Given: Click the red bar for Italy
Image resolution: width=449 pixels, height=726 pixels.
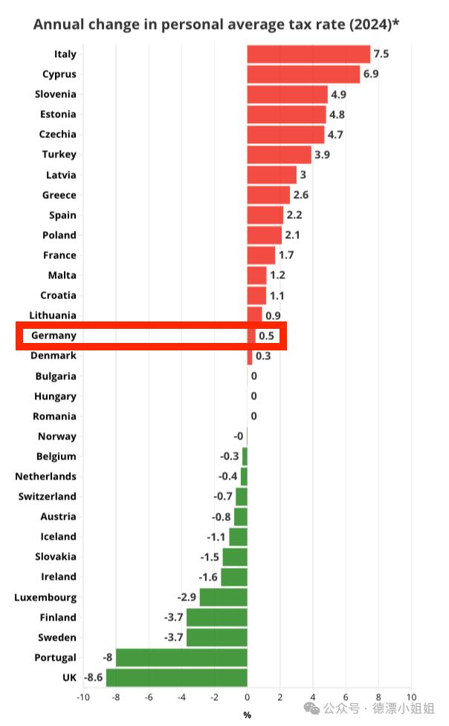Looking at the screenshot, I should click(308, 54).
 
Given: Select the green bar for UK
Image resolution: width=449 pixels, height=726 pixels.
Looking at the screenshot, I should click(177, 677).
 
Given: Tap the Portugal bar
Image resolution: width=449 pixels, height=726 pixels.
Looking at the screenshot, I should click(181, 657).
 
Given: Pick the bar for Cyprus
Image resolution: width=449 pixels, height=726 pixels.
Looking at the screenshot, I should click(303, 74).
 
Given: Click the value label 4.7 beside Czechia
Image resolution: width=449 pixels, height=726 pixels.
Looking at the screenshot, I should click(336, 134).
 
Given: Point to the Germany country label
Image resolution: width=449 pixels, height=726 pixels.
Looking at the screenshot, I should click(54, 336).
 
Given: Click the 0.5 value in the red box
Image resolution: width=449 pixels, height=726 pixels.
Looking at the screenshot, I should click(266, 336).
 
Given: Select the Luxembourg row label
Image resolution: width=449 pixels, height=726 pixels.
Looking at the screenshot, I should click(45, 597).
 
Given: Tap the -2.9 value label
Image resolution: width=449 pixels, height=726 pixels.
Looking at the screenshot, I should click(186, 597).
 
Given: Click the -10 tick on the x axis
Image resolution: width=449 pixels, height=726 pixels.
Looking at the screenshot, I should click(83, 697).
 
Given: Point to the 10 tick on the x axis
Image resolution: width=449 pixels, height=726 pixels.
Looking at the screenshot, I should click(411, 697).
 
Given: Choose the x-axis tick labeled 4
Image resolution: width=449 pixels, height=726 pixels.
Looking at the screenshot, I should click(313, 697).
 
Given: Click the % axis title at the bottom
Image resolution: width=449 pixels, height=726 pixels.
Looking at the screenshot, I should click(247, 715).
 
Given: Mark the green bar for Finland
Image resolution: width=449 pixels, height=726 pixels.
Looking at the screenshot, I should click(216, 617).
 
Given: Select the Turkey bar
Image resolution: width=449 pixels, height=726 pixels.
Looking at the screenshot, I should click(279, 154).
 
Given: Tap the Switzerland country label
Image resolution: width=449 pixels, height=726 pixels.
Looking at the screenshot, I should click(48, 496).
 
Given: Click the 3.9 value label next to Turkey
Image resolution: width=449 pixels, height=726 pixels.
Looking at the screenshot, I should click(323, 154).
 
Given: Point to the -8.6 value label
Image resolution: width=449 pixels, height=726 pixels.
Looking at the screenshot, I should click(93, 677).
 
